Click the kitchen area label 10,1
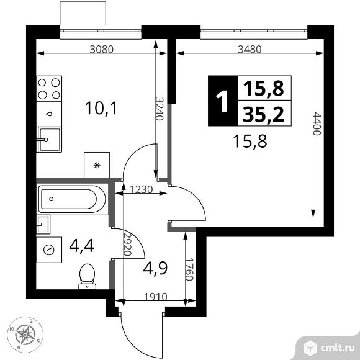(101, 108)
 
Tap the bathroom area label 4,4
(81, 246)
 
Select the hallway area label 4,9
(155, 268)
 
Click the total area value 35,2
(263, 114)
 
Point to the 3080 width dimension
(101, 49)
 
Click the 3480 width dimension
(250, 49)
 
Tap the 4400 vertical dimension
(317, 124)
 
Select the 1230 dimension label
(141, 190)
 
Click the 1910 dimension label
(156, 297)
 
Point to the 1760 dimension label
(189, 269)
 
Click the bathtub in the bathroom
(72, 199)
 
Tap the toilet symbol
(88, 277)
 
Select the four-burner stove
(49, 89)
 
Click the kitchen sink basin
(50, 140)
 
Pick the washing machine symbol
(49, 250)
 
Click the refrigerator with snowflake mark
(97, 165)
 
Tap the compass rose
(25, 335)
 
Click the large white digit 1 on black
(222, 101)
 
